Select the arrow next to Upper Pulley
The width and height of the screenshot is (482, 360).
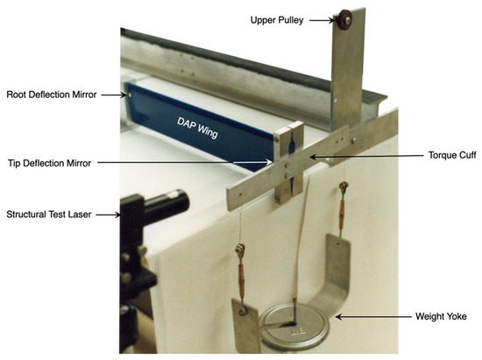320,18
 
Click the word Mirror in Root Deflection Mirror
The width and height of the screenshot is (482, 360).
96,94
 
